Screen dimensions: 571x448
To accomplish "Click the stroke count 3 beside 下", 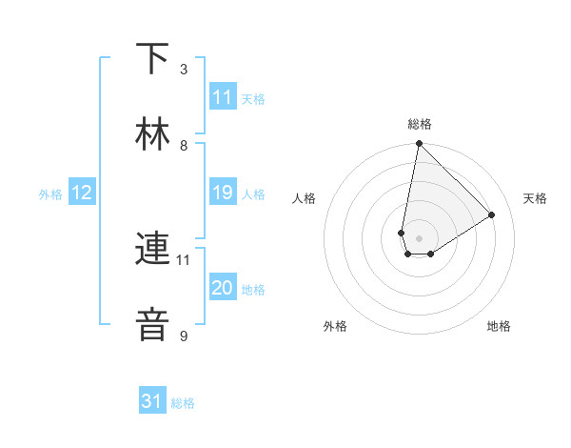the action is (184, 70).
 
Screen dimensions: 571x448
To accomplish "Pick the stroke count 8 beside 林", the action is (184, 145).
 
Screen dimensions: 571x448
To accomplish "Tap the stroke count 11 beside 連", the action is (184, 259).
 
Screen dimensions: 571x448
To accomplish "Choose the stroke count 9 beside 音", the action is (184, 336).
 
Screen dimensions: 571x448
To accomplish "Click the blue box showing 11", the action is (223, 97).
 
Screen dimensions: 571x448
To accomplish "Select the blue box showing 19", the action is (223, 193).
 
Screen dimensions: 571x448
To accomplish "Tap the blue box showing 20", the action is (223, 288).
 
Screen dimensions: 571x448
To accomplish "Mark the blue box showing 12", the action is (82, 193).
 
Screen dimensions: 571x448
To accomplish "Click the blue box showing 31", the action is (152, 402).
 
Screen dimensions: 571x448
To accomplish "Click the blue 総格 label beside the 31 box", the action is (183, 403).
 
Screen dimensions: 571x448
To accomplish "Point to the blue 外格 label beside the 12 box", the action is (50, 193).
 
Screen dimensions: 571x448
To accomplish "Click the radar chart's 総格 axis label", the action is (420, 124).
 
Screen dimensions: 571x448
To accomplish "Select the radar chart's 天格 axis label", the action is (535, 198).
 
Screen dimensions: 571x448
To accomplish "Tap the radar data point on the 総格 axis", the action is (419, 145).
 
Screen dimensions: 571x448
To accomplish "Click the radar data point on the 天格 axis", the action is (492, 214).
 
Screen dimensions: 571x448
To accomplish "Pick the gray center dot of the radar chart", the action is (419, 238).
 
